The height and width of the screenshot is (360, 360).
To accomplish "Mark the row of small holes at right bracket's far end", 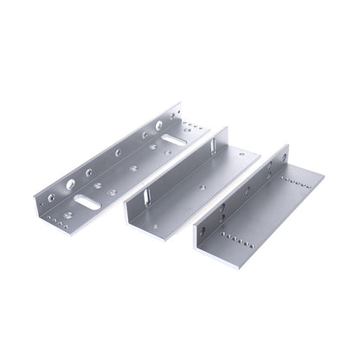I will pos(295,184).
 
